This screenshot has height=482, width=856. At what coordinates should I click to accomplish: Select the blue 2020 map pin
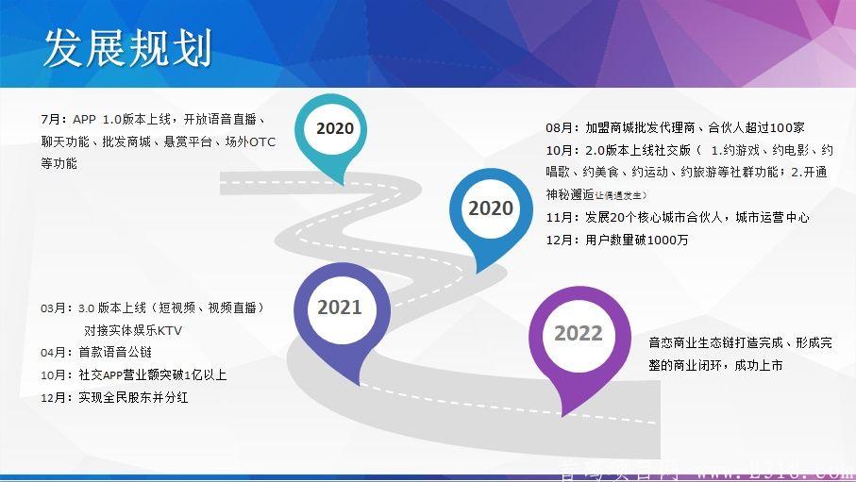pyautogui.click(x=490, y=209)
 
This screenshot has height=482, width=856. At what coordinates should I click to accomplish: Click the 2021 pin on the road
pyautogui.click(x=339, y=308)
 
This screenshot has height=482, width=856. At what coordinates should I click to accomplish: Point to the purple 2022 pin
pyautogui.click(x=578, y=334)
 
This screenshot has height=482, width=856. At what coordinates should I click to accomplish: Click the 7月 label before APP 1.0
pyautogui.click(x=55, y=120)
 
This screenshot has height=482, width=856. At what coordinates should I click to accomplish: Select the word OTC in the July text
pyautogui.click(x=261, y=141)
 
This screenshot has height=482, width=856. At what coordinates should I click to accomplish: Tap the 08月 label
pyautogui.click(x=562, y=127)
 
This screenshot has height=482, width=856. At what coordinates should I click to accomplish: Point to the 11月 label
pyautogui.click(x=562, y=217)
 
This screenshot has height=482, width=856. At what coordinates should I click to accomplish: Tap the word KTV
pyautogui.click(x=169, y=331)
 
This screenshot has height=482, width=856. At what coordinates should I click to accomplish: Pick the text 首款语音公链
pyautogui.click(x=115, y=353)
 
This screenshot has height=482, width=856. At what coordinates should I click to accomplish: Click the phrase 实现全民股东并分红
pyautogui.click(x=133, y=398)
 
